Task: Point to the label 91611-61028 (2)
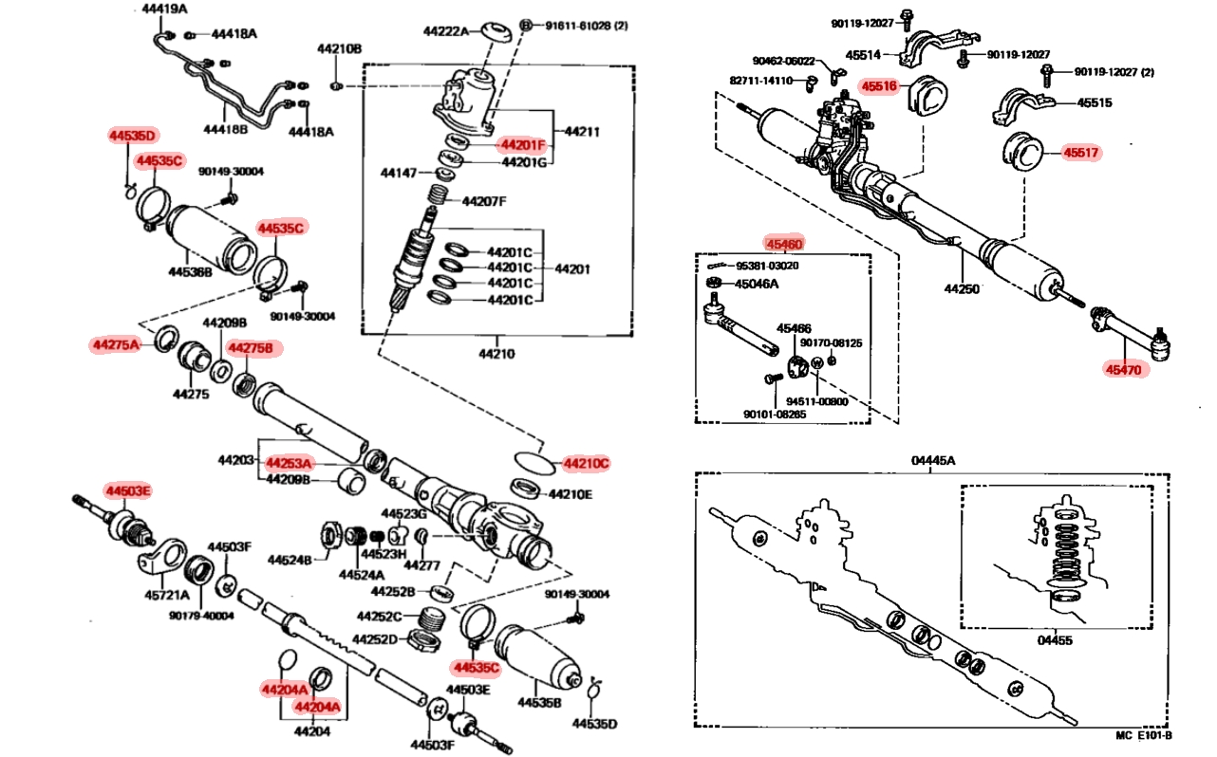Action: [x=587, y=26]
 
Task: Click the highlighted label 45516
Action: [x=879, y=86]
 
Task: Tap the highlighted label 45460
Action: [x=784, y=244]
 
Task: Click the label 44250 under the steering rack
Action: [x=961, y=288]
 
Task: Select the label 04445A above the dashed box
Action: [x=933, y=461]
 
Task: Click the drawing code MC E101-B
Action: [x=1143, y=735]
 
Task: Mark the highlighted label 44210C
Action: [x=586, y=463]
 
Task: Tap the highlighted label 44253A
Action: [x=289, y=463]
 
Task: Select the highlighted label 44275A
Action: [x=115, y=344]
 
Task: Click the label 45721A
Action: [x=166, y=596]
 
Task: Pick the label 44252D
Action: [x=375, y=638]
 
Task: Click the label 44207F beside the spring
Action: [x=484, y=201]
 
